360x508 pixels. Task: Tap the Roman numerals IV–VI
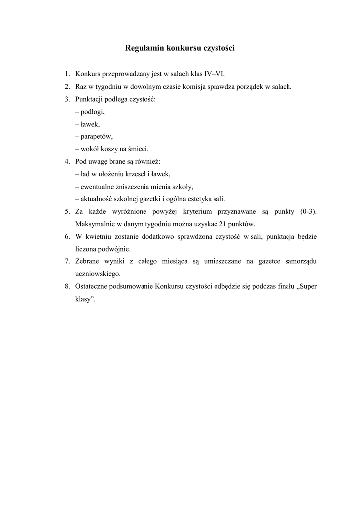(x=215, y=74)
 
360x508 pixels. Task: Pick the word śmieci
(x=138, y=149)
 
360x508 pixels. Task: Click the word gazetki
(x=146, y=199)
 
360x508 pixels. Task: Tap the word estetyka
(x=198, y=199)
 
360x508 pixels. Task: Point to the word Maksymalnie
(x=94, y=224)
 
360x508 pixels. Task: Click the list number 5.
(x=67, y=212)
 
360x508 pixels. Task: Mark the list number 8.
(x=67, y=287)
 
